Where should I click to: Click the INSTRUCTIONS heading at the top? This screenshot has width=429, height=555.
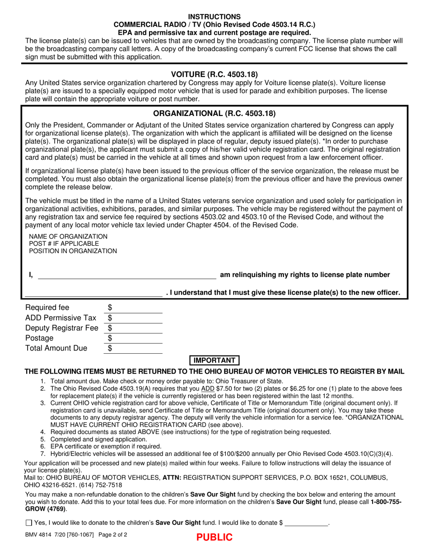(214, 17)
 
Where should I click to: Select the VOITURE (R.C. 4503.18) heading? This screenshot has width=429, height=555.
(214, 74)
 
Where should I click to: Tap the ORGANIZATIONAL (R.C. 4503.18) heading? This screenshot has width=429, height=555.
(214, 114)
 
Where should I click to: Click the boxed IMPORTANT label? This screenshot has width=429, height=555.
(214, 360)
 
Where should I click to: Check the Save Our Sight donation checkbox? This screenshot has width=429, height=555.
(29, 523)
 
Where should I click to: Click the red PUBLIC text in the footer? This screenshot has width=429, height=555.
(214, 537)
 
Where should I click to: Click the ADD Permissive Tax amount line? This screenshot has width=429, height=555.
(135, 318)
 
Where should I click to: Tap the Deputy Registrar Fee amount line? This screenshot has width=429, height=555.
(135, 328)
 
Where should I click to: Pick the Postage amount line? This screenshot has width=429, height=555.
(135, 338)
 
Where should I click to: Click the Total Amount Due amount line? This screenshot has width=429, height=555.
(135, 348)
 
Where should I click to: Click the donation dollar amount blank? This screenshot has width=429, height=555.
(307, 523)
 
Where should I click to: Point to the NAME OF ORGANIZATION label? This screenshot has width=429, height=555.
(68, 236)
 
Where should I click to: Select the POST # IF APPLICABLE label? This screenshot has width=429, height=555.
(64, 244)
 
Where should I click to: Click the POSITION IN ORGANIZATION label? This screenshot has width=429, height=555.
(73, 251)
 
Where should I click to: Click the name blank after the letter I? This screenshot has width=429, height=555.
(126, 275)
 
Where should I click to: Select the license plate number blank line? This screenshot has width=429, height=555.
(93, 293)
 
